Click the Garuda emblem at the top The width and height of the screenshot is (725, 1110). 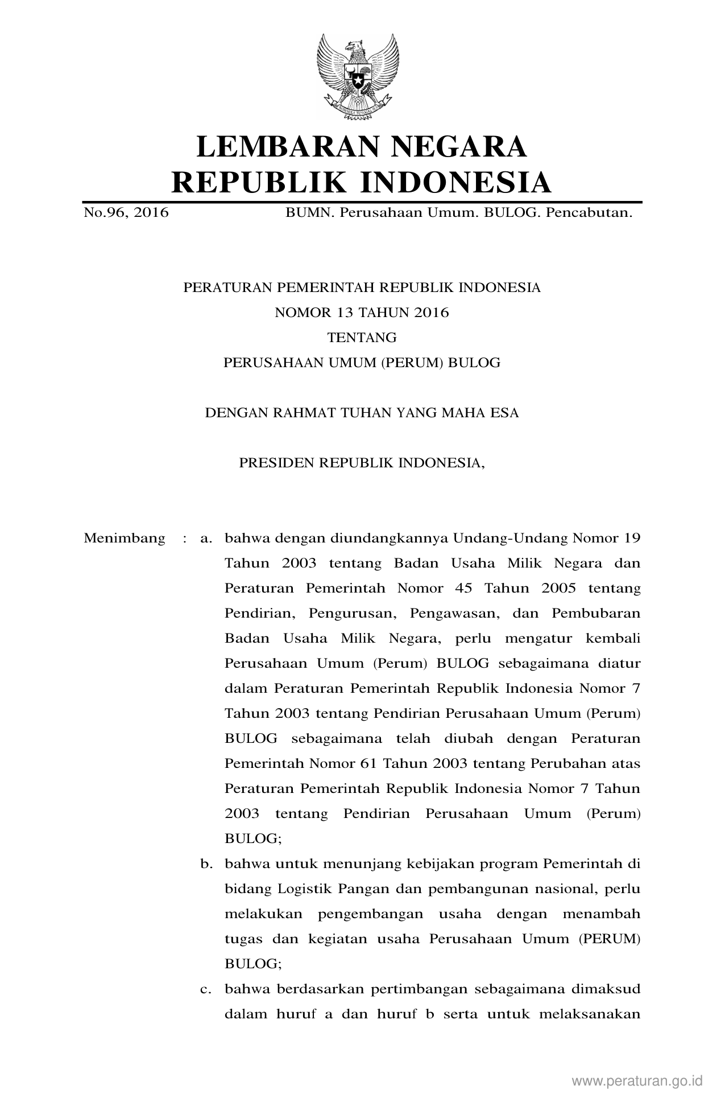coord(358,77)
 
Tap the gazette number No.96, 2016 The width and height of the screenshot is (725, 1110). coord(126,213)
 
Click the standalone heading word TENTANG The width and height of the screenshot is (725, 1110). coord(362,338)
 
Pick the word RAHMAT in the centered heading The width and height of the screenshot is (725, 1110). coord(304,413)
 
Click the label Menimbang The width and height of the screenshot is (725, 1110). coord(125,538)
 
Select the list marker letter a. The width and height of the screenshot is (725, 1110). coord(205,538)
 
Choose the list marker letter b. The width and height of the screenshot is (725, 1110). coord(205,864)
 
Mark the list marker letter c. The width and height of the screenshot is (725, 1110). coord(205,989)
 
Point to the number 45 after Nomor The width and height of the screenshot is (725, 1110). coord(464,589)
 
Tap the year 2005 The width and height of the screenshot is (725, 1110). coord(558,589)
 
